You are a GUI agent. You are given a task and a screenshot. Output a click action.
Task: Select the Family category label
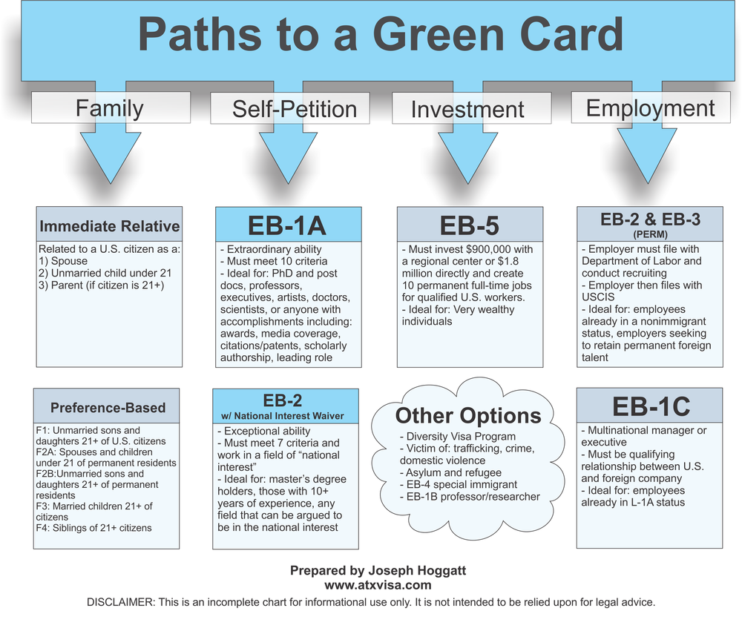109,108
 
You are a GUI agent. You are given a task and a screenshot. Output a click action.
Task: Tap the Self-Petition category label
295,110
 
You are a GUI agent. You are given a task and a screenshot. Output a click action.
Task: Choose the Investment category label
467,110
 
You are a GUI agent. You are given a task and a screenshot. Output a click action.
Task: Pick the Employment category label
650,108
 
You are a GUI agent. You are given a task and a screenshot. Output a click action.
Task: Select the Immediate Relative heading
109,226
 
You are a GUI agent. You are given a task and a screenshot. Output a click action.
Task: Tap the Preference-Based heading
108,408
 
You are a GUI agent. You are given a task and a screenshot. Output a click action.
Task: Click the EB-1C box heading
651,406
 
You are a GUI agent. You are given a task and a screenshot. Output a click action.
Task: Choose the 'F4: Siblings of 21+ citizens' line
93,528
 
